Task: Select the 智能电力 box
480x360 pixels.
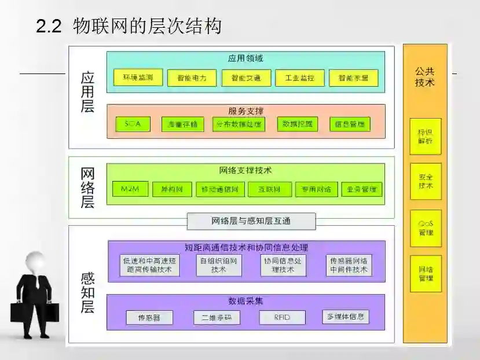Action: click(x=188, y=78)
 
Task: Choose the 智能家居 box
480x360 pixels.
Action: click(x=353, y=78)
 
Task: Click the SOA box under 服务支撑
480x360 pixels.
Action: click(x=133, y=124)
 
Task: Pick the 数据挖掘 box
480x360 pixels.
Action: click(x=297, y=124)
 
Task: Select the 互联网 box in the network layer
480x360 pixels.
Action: click(x=270, y=189)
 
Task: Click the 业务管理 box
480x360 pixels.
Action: click(x=361, y=189)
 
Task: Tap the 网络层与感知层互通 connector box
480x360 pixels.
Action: click(x=251, y=221)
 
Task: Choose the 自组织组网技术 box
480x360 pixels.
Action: click(x=219, y=265)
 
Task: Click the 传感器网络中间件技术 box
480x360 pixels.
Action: click(x=349, y=265)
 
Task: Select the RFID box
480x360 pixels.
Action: click(x=282, y=317)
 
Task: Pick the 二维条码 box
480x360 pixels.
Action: click(x=217, y=317)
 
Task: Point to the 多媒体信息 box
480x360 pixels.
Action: click(x=346, y=317)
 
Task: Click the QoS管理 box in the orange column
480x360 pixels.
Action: click(x=426, y=228)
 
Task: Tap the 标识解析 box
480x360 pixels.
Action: click(x=426, y=137)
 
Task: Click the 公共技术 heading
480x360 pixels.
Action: click(x=425, y=77)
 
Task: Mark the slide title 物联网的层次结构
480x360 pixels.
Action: click(x=147, y=26)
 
